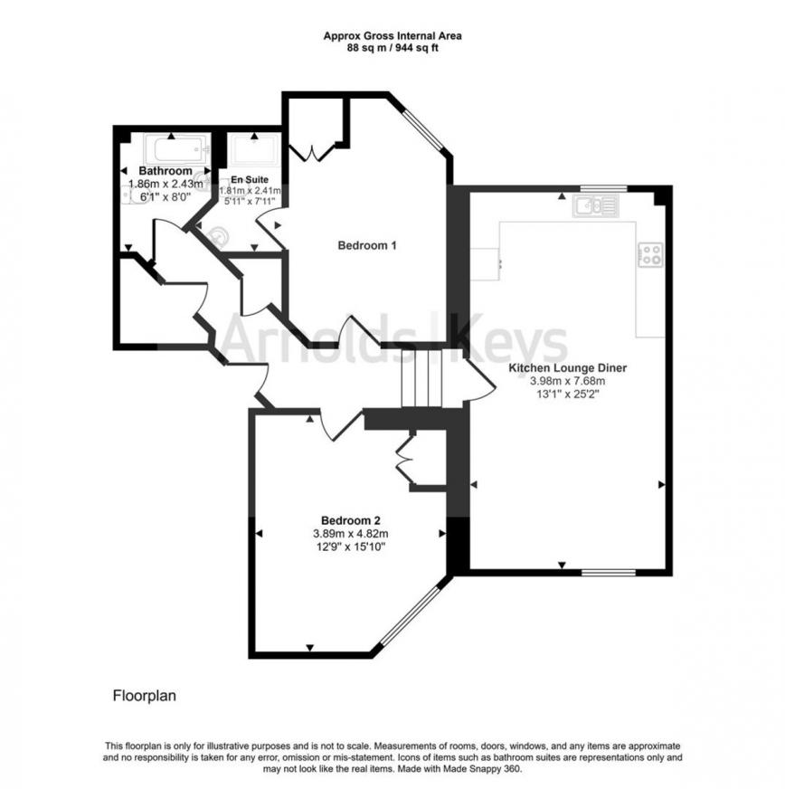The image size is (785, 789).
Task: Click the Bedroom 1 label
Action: pyautogui.click(x=367, y=245)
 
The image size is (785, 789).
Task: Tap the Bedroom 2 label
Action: pyautogui.click(x=351, y=520)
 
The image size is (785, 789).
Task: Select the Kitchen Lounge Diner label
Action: pyautogui.click(x=568, y=368)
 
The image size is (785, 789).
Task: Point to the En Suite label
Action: pyautogui.click(x=250, y=180)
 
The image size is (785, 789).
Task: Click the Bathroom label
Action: pyautogui.click(x=166, y=171)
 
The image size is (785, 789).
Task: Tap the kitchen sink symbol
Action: pyautogui.click(x=596, y=206)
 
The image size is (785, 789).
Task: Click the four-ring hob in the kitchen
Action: pyautogui.click(x=651, y=255)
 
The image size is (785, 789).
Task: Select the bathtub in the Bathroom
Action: pyautogui.click(x=177, y=149)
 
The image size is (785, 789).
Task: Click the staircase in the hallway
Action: pyautogui.click(x=421, y=378)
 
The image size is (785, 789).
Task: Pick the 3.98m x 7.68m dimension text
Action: pyautogui.click(x=568, y=381)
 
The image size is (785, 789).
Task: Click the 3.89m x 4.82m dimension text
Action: pyautogui.click(x=351, y=533)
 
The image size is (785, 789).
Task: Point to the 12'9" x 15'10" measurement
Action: pyautogui.click(x=351, y=547)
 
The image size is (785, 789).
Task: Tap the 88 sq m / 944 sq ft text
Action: pyautogui.click(x=392, y=48)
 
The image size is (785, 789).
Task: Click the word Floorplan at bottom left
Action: pyautogui.click(x=145, y=696)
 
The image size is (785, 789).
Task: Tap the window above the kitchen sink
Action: pyautogui.click(x=603, y=189)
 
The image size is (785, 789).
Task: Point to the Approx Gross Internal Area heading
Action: pyautogui.click(x=392, y=36)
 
